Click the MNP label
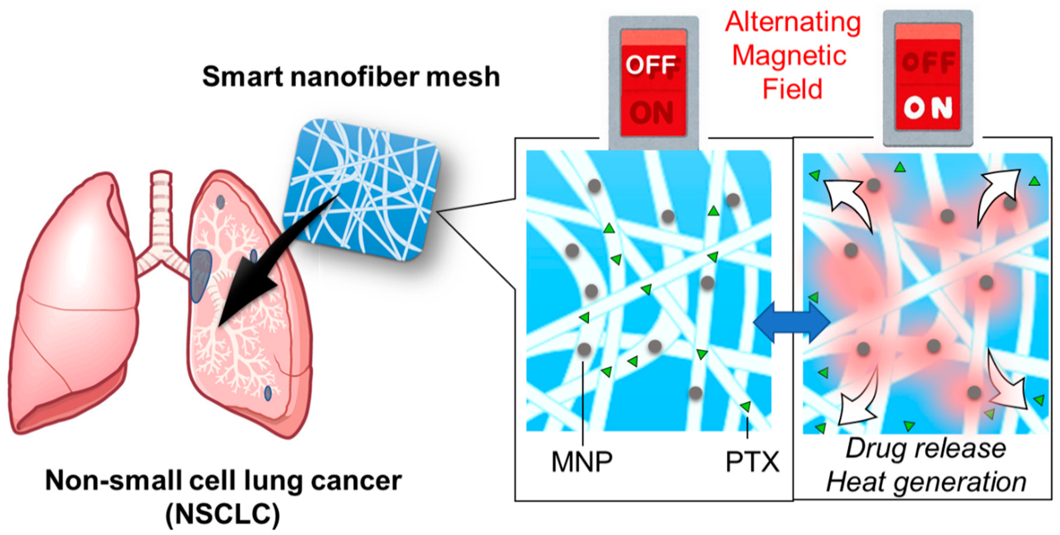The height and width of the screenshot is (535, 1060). point(581,462)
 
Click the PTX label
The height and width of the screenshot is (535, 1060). point(752,462)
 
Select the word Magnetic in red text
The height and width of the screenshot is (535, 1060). point(789,56)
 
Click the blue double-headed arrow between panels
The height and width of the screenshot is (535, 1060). point(791,322)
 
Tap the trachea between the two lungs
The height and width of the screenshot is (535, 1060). point(161,210)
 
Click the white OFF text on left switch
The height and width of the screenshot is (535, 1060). point(651,65)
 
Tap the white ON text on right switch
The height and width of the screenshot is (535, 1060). point(927,108)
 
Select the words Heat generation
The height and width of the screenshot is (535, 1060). point(926,482)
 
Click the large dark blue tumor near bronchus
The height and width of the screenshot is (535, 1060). point(201,275)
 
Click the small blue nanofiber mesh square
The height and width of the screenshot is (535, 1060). point(362,189)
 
